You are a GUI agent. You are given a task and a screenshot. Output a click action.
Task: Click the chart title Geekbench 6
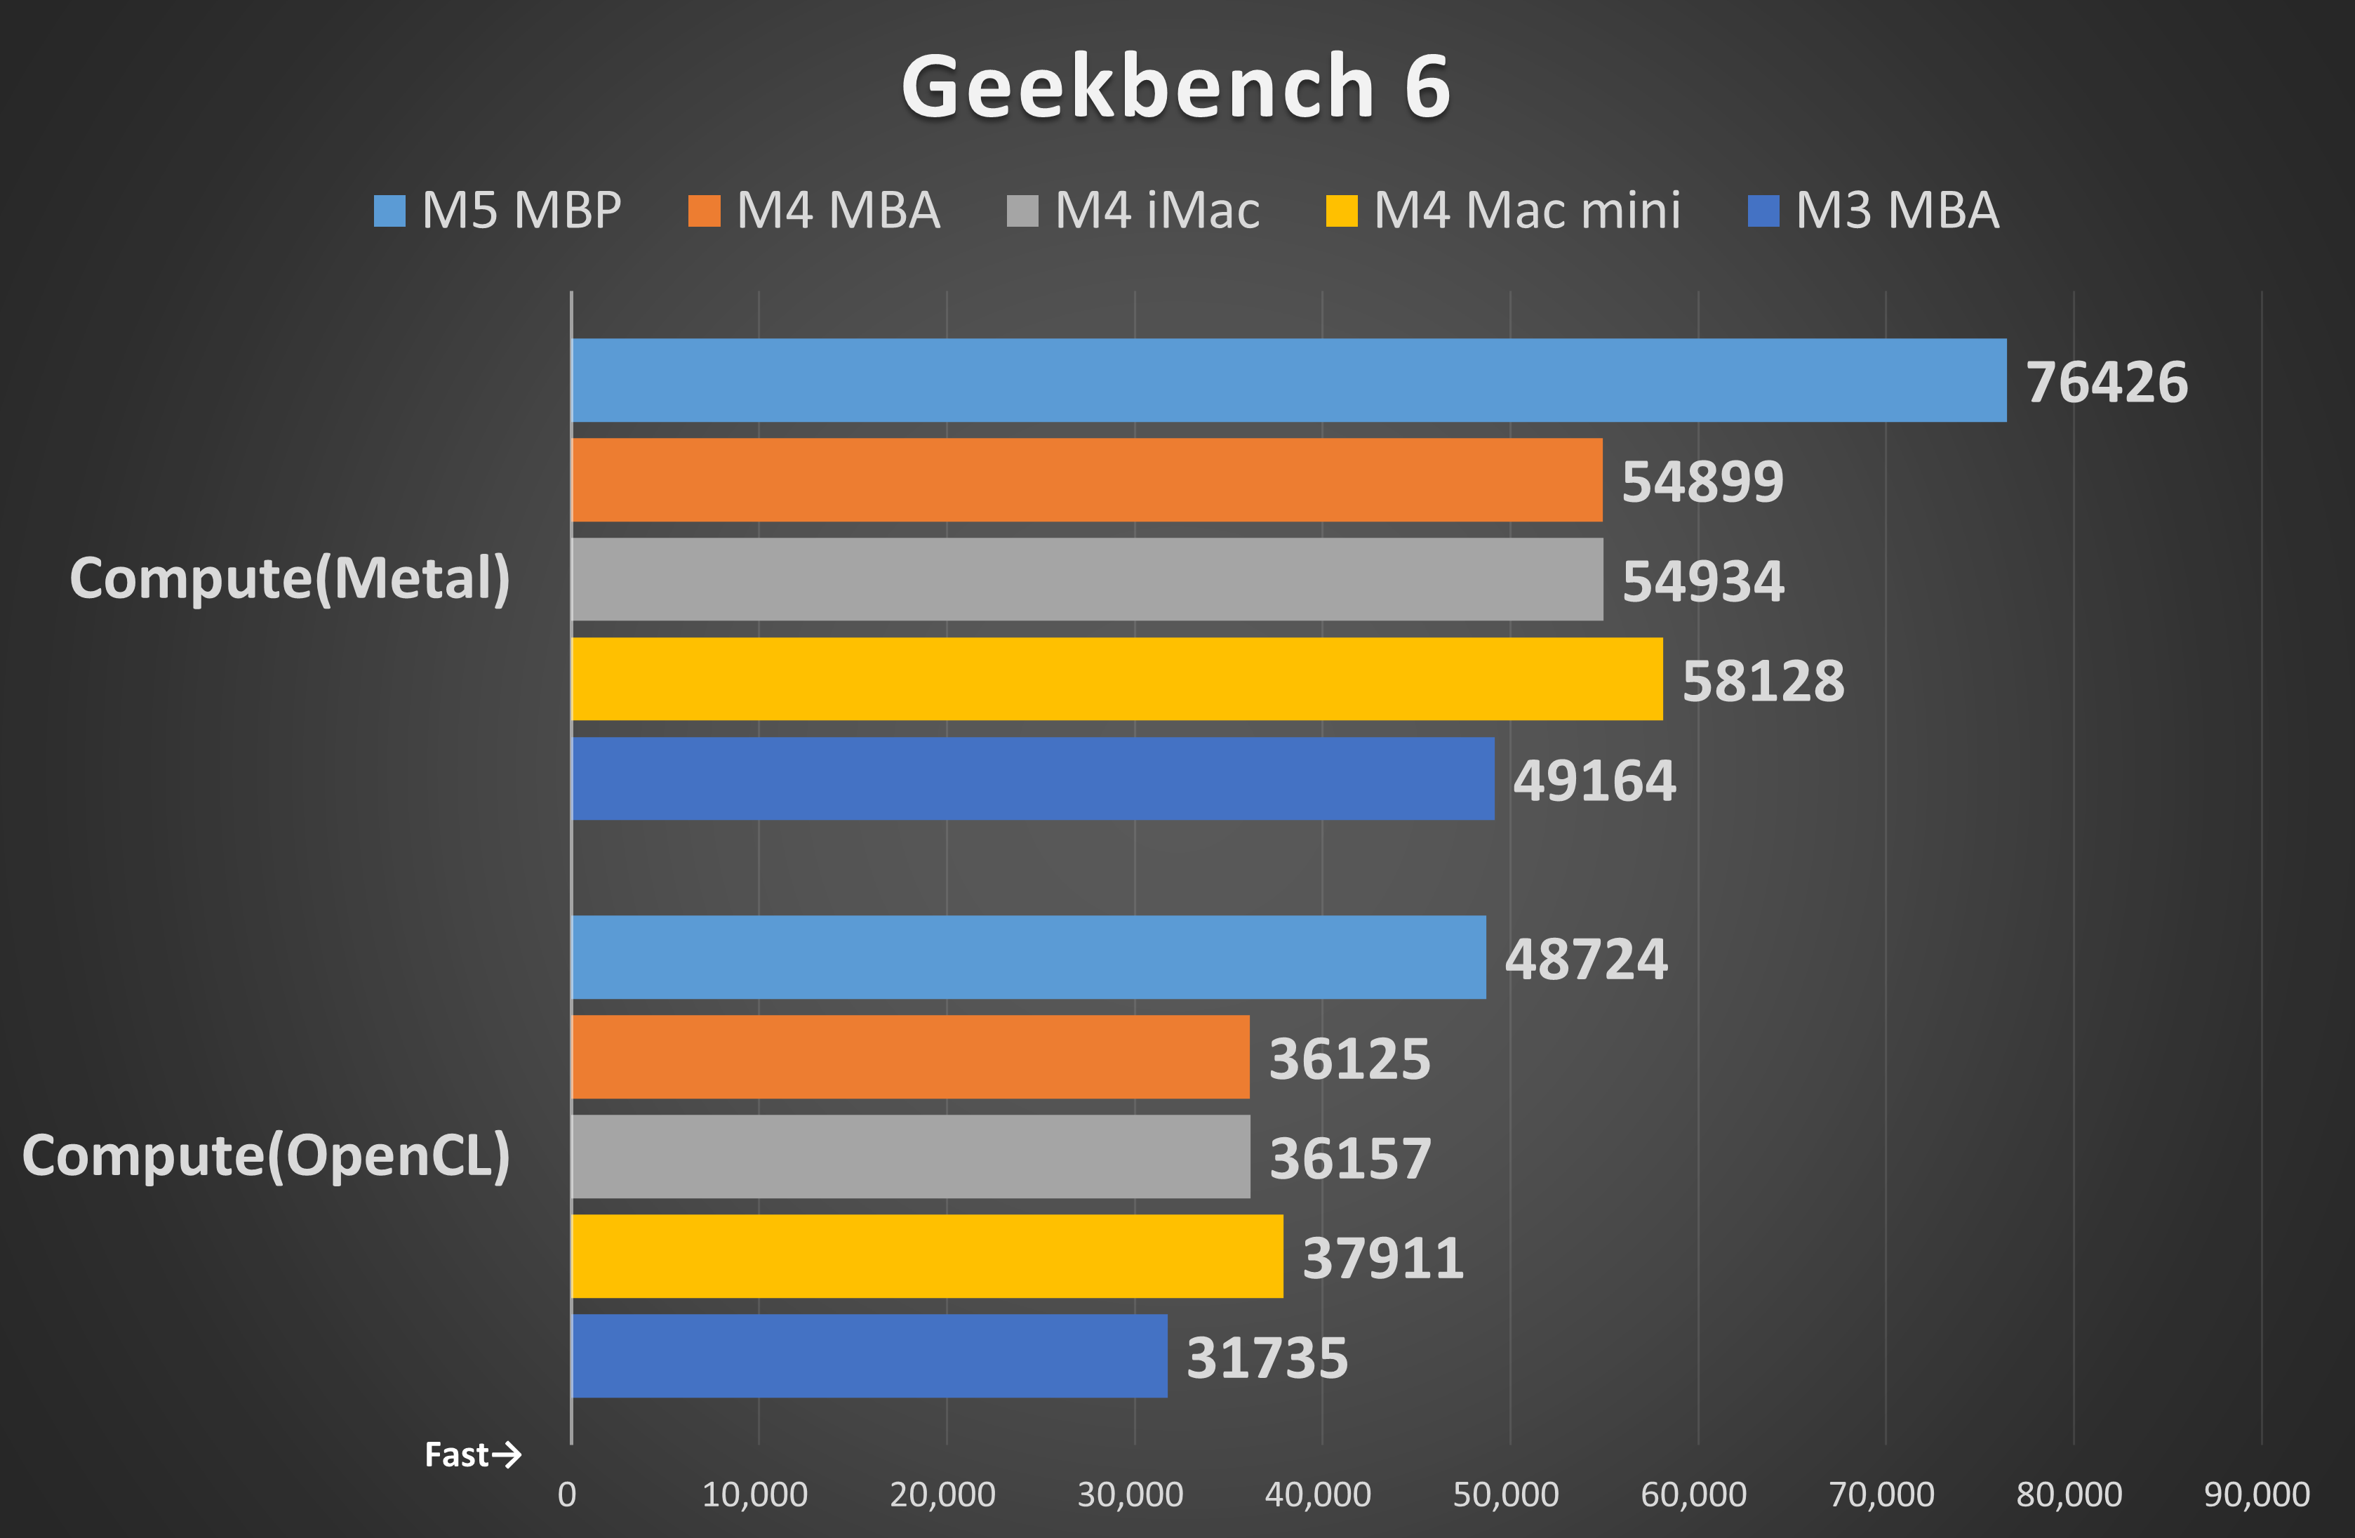1175,87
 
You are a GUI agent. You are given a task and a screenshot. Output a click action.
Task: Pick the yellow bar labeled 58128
1116,679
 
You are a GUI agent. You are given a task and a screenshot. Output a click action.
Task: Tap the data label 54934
1703,581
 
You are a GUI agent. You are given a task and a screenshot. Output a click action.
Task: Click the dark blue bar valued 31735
869,1356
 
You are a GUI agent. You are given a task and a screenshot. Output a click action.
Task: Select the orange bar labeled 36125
910,1057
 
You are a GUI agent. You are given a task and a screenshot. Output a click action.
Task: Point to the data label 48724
1586,959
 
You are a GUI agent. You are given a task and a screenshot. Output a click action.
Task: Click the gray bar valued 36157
910,1156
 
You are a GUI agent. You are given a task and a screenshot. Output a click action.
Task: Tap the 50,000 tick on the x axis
1505,1494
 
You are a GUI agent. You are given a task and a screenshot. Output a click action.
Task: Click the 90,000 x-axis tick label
2256,1494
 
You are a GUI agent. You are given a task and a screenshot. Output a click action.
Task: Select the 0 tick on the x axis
567,1494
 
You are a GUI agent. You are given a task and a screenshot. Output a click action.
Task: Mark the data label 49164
1594,781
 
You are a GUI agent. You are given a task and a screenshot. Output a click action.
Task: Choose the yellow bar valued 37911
926,1256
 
